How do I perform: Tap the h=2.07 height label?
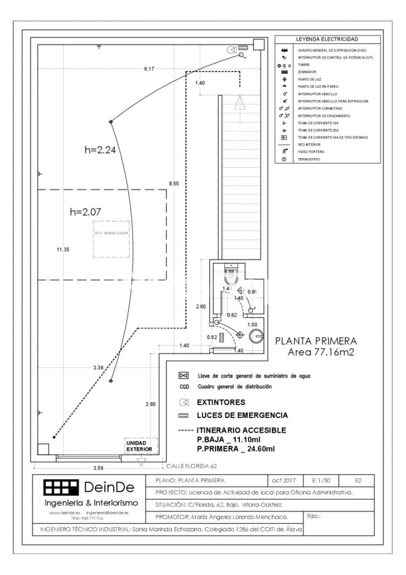point(86,212)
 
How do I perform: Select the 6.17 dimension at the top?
point(149,69)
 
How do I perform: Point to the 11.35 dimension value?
point(63,249)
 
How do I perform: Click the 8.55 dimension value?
point(174,183)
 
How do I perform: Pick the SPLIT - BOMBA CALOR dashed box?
point(111,239)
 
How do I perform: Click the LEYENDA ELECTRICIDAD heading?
point(327,39)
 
